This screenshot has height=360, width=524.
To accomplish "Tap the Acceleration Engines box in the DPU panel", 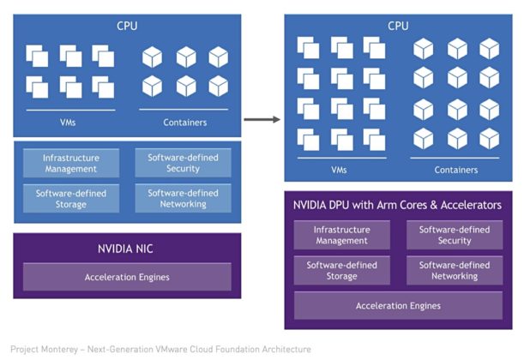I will [x=398, y=306].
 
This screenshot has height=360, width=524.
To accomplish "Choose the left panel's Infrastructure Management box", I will [x=70, y=163].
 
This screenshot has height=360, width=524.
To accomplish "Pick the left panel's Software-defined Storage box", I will [x=70, y=199].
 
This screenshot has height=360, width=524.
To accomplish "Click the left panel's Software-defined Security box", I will [x=183, y=163].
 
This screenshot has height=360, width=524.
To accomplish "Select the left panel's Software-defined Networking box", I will [x=183, y=199].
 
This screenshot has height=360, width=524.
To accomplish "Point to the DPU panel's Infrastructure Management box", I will [x=341, y=235].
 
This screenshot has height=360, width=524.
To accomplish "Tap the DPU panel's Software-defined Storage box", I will [x=341, y=271].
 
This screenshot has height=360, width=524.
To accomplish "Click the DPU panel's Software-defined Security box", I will [x=454, y=235].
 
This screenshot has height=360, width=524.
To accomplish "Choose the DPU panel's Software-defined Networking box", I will [x=454, y=271].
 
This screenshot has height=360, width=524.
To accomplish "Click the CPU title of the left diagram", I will [x=127, y=26].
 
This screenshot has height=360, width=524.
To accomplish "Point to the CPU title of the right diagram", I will [x=398, y=26].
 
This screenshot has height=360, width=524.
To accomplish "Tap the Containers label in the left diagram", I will [x=184, y=123].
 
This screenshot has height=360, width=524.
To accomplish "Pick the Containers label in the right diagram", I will [x=455, y=170].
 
